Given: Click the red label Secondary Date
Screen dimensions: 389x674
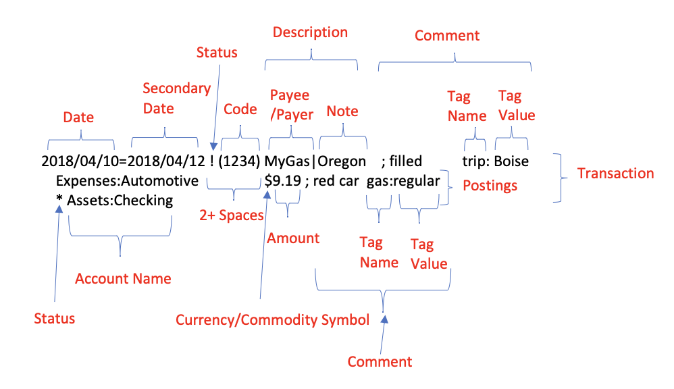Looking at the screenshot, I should pos(177,99).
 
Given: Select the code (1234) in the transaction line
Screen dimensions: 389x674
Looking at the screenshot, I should pos(240,162).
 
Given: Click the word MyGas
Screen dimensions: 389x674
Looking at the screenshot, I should pos(288,162).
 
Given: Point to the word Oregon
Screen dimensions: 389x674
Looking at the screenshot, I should pos(342,162).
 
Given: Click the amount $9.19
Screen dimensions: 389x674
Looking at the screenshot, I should pos(283,181).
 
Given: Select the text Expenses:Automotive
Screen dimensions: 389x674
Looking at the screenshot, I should pos(127,181).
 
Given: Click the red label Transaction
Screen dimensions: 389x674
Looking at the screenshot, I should pos(615,174).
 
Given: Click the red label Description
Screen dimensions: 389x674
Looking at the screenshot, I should pos(310,32).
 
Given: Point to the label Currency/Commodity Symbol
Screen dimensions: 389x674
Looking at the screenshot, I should pos(272,319).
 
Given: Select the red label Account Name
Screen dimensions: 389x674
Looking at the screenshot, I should pos(123,279).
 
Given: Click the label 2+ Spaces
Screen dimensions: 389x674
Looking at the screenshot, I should pos(231,215).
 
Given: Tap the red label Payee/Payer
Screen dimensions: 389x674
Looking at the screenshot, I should pos(292,105).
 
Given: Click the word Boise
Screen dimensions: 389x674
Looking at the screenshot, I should pos(511,162).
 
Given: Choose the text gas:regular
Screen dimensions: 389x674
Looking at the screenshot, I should pos(403,181).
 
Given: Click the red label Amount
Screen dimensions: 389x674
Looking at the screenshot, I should pos(293,238).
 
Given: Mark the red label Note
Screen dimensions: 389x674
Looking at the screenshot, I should pos(342,111).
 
